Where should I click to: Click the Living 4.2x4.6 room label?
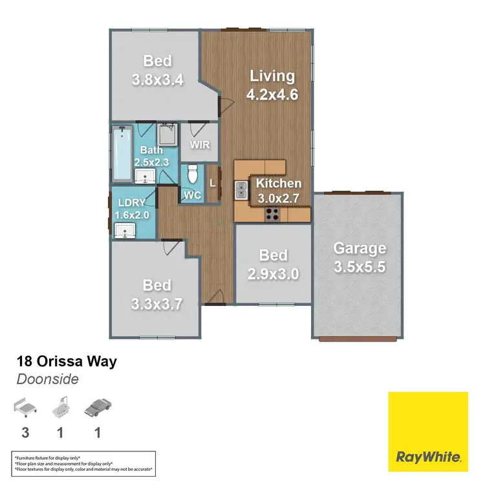click(x=272, y=85)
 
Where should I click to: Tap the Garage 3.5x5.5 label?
click(x=360, y=257)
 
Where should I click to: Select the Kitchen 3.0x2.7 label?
click(x=278, y=191)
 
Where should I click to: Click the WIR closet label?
click(x=200, y=144)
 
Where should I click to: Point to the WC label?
click(x=192, y=194)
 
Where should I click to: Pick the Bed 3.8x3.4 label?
click(x=158, y=70)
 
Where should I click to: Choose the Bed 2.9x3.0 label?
click(x=273, y=264)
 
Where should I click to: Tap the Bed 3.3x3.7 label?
click(x=157, y=294)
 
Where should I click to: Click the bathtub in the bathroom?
click(x=121, y=155)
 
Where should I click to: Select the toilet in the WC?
click(x=192, y=175)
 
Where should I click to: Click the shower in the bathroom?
click(x=167, y=135)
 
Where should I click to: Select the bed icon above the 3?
click(x=25, y=407)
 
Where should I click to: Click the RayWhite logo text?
click(x=427, y=457)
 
